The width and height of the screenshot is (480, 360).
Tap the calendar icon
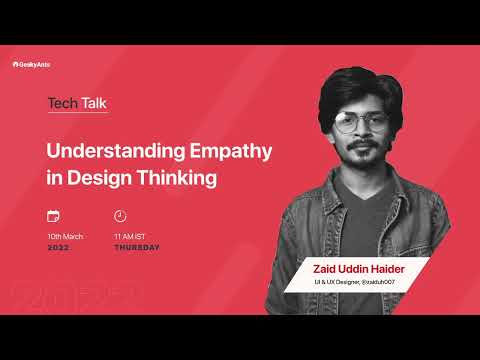pyautogui.click(x=53, y=216)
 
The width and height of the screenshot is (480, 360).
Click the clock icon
pyautogui.click(x=120, y=216)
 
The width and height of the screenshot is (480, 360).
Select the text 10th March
pyautogui.click(x=65, y=236)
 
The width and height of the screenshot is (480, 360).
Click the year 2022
pyautogui.click(x=58, y=247)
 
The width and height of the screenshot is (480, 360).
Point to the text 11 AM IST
pyautogui.click(x=132, y=236)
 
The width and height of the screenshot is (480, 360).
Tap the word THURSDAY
pyautogui.click(x=137, y=247)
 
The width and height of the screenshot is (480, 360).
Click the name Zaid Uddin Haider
pyautogui.click(x=355, y=271)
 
